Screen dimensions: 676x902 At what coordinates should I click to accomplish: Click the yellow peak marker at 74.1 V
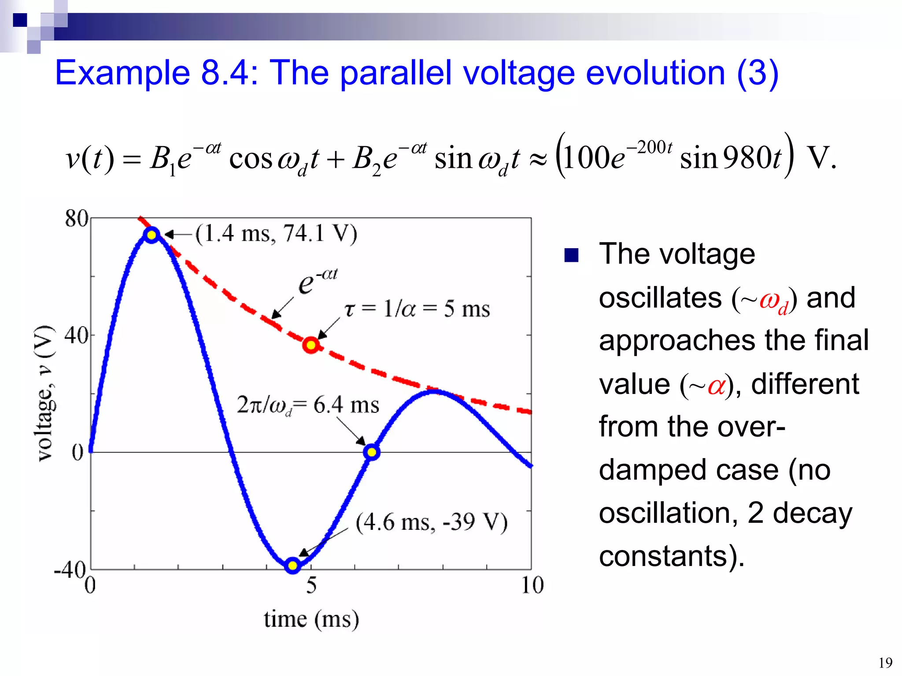(152, 235)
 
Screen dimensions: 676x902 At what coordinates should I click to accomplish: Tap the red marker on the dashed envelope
(311, 345)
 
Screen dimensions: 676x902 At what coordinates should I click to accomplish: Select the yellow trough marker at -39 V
(292, 565)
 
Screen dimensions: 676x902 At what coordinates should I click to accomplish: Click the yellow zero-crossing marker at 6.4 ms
(372, 452)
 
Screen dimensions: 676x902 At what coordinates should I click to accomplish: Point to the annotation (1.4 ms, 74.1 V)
(276, 233)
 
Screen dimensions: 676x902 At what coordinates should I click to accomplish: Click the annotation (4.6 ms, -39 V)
(432, 522)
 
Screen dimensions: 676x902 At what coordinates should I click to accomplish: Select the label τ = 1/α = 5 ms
(417, 309)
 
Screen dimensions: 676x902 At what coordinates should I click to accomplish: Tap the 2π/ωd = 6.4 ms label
(308, 404)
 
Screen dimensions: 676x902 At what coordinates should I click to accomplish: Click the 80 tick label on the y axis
(77, 218)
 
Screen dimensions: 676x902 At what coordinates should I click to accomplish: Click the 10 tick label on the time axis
(532, 585)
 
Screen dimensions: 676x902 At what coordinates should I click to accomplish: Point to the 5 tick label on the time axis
(311, 585)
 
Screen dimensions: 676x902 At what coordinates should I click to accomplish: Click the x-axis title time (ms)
(311, 619)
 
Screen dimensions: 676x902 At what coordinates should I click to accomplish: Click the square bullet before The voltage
(571, 255)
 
